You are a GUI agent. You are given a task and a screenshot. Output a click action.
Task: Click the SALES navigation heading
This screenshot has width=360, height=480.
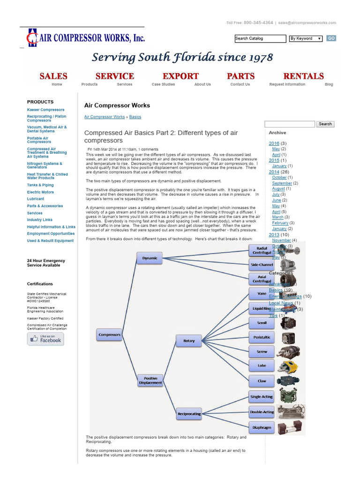[53, 76]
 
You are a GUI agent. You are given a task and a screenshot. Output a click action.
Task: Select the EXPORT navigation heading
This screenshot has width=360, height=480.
[180, 76]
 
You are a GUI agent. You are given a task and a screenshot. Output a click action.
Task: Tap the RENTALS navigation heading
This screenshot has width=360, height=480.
[303, 76]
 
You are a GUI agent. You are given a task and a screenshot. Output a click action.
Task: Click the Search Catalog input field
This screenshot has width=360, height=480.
[260, 38]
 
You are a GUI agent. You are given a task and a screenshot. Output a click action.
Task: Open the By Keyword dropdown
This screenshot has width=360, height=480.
[306, 38]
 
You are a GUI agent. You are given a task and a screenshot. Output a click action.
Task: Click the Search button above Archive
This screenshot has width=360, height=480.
[325, 124]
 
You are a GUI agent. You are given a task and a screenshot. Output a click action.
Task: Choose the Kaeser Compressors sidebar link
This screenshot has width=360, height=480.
[46, 110]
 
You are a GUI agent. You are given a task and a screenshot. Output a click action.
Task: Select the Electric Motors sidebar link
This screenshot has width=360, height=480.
[40, 192]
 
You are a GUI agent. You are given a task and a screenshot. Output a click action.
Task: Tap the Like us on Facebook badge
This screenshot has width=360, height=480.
[45, 339]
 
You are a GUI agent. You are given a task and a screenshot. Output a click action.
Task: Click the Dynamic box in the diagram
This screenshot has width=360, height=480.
[150, 258]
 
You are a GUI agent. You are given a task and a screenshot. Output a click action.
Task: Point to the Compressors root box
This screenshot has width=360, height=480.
[110, 335]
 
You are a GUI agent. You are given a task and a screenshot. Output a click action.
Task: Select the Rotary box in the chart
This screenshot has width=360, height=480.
[189, 341]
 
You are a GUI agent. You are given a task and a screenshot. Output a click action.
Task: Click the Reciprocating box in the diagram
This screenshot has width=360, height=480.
[189, 414]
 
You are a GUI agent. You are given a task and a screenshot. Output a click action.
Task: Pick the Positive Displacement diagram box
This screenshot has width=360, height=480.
[150, 380]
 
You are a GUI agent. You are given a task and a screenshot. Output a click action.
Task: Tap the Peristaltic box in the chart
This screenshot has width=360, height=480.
[262, 337]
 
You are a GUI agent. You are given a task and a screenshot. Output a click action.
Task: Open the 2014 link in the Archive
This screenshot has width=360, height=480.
[274, 172]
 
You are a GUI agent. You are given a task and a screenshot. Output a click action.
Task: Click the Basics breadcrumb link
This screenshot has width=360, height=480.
[135, 117]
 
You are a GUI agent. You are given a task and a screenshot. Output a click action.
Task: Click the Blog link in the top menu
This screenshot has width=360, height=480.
[329, 84]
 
